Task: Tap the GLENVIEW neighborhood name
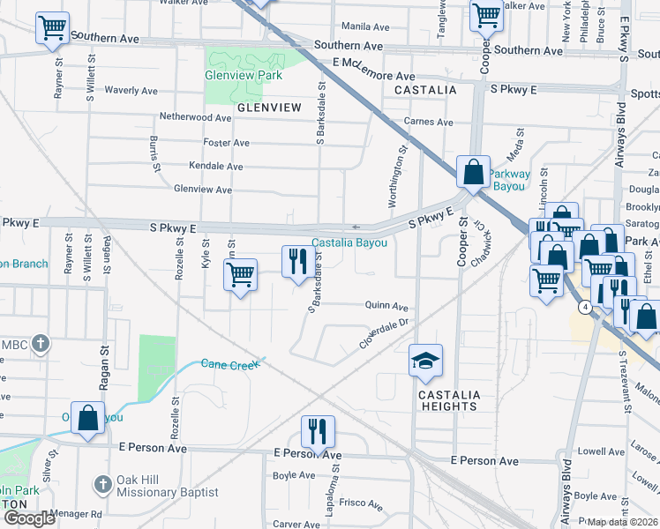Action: click(x=269, y=108)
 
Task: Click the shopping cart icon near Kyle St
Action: click(x=240, y=275)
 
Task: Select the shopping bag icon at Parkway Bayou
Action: click(x=474, y=173)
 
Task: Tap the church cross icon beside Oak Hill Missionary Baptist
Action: click(x=103, y=485)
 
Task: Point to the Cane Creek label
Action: click(x=231, y=363)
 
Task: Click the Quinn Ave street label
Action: click(x=386, y=306)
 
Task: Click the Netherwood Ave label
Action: click(x=195, y=117)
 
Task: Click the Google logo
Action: click(x=29, y=518)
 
